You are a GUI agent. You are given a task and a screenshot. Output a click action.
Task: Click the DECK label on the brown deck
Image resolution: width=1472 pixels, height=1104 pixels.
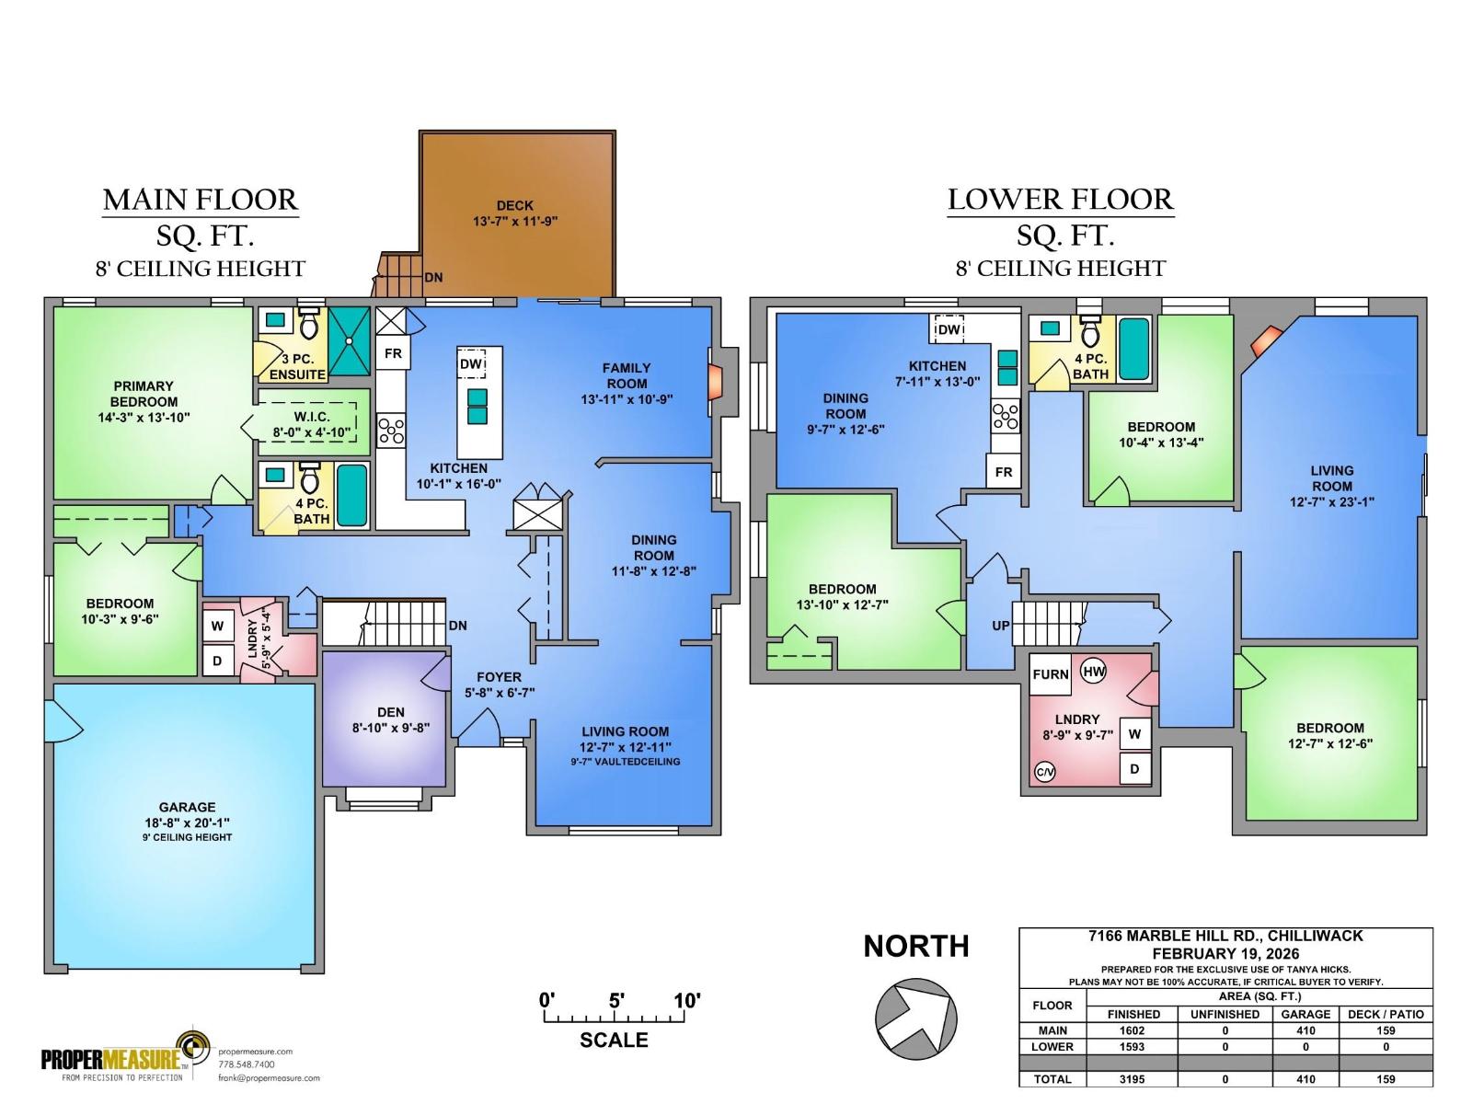514,206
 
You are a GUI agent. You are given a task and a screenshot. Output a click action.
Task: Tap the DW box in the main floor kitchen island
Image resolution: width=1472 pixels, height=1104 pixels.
471,365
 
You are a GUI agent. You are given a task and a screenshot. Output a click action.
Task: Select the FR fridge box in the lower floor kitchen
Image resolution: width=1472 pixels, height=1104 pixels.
1004,472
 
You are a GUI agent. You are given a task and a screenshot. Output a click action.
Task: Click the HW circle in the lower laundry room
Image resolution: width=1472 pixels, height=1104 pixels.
1094,672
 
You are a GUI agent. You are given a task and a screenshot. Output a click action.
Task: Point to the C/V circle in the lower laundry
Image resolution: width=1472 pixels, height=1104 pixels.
1045,772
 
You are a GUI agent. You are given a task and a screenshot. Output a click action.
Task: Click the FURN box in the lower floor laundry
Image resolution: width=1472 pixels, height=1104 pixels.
1050,674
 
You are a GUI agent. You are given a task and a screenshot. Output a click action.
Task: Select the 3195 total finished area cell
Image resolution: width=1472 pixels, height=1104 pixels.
1132,1079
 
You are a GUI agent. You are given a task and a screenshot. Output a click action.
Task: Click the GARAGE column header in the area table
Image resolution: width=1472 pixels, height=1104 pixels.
1305,1014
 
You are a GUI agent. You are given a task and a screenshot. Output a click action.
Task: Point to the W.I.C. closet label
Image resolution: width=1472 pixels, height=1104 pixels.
312,418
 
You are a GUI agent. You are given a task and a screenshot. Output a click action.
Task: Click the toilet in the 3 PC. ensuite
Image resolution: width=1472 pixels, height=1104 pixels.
308,325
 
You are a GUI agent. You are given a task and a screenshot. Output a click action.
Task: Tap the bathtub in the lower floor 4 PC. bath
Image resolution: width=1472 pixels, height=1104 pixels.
1133,349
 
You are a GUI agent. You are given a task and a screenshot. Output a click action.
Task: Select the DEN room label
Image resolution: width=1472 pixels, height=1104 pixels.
391,712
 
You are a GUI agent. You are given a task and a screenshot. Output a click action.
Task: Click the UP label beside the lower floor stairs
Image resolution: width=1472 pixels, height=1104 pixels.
1001,626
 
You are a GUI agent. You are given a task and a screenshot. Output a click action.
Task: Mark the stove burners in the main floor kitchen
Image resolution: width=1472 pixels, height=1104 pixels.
392,431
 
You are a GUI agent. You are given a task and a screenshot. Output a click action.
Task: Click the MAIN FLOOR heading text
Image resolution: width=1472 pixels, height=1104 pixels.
200,200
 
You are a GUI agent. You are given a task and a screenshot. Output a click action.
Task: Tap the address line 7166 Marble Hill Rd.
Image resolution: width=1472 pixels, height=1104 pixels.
1225,937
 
